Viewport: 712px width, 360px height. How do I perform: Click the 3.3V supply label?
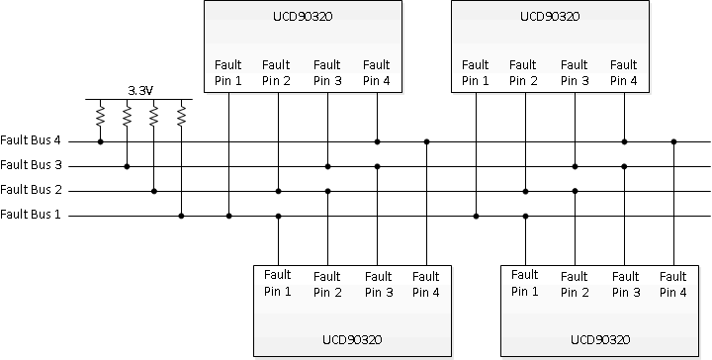click(x=140, y=90)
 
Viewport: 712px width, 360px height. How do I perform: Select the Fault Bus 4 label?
click(x=32, y=141)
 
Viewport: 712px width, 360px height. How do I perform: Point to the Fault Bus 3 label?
click(x=32, y=166)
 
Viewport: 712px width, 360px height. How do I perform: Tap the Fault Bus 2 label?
click(x=32, y=190)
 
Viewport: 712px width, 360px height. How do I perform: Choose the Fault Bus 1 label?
click(x=32, y=215)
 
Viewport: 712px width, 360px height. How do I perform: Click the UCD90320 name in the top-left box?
click(x=303, y=17)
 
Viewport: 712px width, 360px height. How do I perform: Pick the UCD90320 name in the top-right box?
click(x=550, y=17)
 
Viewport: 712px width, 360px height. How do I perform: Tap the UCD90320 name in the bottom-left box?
click(x=352, y=339)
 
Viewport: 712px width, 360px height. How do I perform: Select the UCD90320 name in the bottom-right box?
click(x=599, y=339)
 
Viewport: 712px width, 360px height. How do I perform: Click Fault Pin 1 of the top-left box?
click(x=227, y=73)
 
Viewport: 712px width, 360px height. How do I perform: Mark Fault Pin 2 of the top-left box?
click(x=277, y=73)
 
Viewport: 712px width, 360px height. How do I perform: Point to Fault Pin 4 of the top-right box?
click(x=623, y=73)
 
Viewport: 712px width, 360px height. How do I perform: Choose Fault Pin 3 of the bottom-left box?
click(x=376, y=284)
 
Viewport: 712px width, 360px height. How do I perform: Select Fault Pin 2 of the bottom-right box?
click(x=574, y=284)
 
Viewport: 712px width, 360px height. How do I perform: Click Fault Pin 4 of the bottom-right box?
click(x=672, y=284)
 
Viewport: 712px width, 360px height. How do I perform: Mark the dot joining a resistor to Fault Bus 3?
click(x=127, y=166)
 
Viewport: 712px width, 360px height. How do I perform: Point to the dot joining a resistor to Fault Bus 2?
click(x=153, y=190)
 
